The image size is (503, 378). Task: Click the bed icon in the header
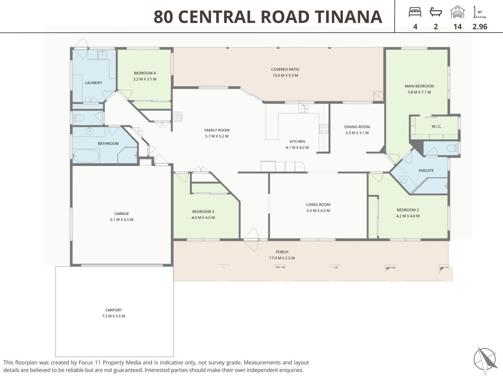point(415,12)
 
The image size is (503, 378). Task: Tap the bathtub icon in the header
point(436,12)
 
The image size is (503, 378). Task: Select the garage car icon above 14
point(457,12)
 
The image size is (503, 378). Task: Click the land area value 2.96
point(480,27)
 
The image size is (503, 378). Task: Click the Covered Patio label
point(285,69)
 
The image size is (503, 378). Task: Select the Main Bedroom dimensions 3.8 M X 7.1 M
point(419,92)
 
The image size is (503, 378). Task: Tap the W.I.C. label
point(437,126)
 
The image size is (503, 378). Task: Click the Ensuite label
point(426,170)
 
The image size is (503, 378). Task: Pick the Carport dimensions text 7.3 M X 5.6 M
point(114,316)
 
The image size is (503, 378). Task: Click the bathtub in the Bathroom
point(86,156)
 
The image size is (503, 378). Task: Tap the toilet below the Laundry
point(78,118)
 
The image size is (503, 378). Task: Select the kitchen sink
point(303,108)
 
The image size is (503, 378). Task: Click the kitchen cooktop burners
point(324,129)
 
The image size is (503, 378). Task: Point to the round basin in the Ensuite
point(403,179)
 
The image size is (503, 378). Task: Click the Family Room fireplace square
point(177,117)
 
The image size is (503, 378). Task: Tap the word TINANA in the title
point(348,17)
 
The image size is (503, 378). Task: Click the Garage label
point(122,213)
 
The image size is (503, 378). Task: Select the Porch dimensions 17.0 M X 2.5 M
point(282,258)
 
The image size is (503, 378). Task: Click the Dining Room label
point(357,127)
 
